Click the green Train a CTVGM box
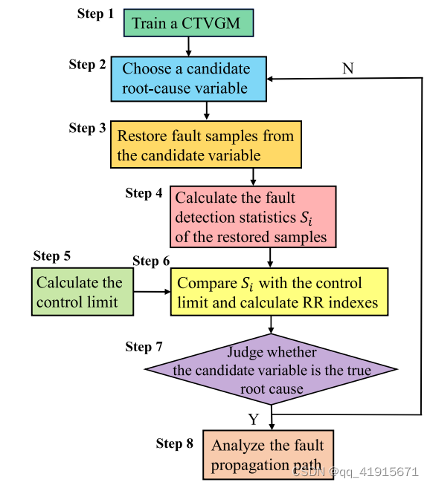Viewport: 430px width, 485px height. point(188,23)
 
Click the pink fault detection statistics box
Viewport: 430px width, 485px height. point(253,218)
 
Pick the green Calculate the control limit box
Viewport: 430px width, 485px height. point(83,292)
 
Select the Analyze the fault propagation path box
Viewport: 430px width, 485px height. point(268,455)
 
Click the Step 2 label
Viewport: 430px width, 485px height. point(87,65)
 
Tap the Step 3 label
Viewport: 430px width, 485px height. point(87,128)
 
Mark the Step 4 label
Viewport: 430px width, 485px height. point(144,193)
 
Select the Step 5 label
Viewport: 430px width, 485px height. point(52,256)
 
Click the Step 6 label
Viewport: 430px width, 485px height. point(151,261)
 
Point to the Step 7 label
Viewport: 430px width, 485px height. point(144,347)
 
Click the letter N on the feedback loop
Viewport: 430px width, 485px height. point(347,68)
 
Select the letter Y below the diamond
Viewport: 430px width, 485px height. point(253,420)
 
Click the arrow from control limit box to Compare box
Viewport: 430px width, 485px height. point(153,292)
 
